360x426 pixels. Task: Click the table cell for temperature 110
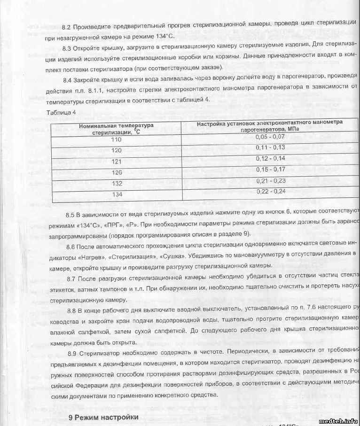(116, 139)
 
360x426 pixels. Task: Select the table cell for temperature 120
(116, 150)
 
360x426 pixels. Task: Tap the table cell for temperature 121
(116, 161)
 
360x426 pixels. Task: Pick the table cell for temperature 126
(117, 172)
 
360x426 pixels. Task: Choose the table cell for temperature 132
(117, 184)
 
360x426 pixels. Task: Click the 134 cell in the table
(117, 194)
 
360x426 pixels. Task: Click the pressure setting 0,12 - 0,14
(270, 158)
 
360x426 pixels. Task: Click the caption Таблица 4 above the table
(61, 112)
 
